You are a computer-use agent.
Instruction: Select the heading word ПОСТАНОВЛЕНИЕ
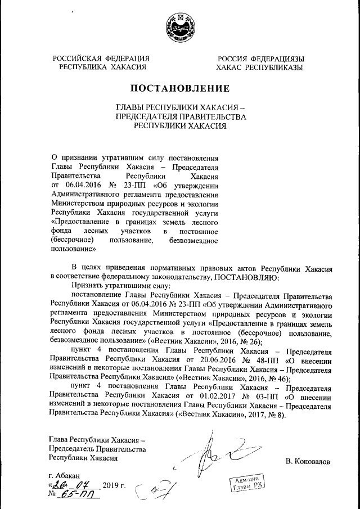[180, 88]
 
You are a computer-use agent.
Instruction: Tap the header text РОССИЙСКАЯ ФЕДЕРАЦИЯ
[101, 58]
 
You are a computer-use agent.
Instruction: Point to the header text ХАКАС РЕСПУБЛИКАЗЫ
[259, 67]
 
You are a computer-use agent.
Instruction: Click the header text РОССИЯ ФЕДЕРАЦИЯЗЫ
[262, 58]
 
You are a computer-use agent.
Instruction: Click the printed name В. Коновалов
[308, 462]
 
